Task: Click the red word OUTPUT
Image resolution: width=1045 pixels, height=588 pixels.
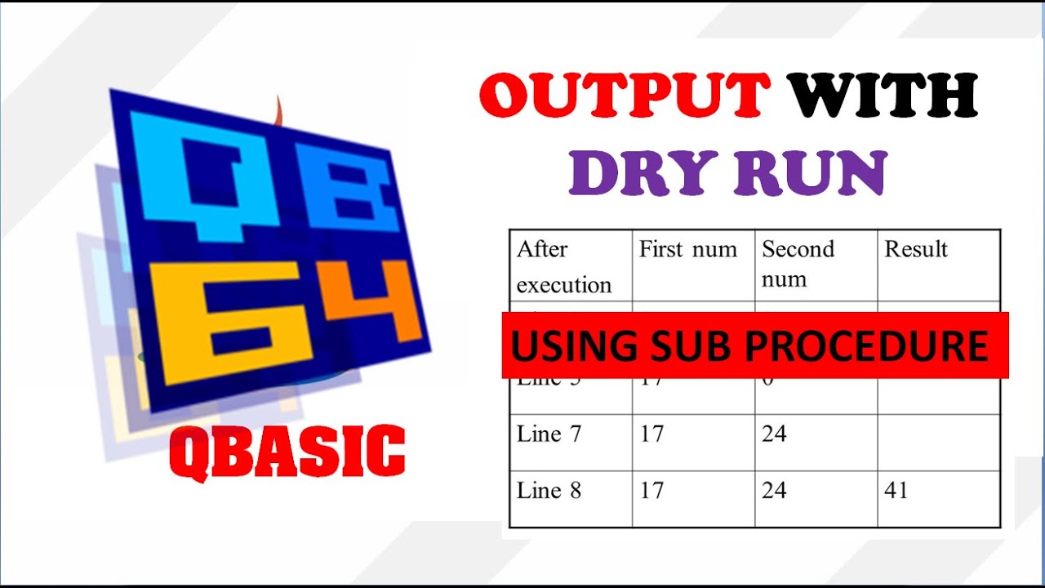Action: pyautogui.click(x=624, y=95)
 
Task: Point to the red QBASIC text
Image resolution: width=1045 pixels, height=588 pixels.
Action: pyautogui.click(x=287, y=452)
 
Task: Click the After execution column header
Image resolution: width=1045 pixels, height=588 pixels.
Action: pyautogui.click(x=563, y=266)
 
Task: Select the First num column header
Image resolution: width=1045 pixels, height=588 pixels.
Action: pyautogui.click(x=687, y=250)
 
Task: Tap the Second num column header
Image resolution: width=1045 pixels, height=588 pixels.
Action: pyautogui.click(x=798, y=264)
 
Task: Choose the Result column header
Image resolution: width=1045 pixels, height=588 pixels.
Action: pyautogui.click(x=916, y=250)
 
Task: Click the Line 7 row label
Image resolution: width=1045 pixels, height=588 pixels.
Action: pyautogui.click(x=549, y=434)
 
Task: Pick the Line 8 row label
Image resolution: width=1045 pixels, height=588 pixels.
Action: pyautogui.click(x=549, y=491)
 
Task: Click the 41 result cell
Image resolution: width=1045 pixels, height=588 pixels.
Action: pyautogui.click(x=896, y=491)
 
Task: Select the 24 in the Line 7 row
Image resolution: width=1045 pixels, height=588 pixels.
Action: pyautogui.click(x=774, y=434)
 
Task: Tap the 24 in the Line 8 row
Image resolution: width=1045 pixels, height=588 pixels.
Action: pyautogui.click(x=774, y=491)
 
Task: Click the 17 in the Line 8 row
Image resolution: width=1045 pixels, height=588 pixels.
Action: pyautogui.click(x=651, y=491)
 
